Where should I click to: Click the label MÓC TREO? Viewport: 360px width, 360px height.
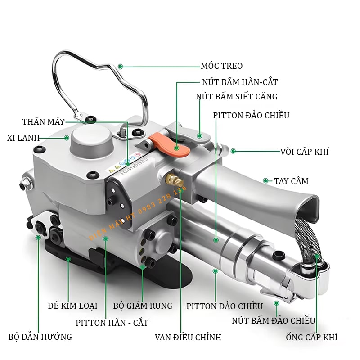click(221, 66)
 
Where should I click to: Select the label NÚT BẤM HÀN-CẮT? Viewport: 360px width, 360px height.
click(240, 82)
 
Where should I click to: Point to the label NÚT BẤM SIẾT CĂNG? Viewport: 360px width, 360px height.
click(237, 96)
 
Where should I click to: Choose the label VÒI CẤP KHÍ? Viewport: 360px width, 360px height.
click(305, 152)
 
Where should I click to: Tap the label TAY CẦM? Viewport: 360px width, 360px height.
click(291, 181)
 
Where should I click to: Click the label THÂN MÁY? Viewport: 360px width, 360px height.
click(43, 121)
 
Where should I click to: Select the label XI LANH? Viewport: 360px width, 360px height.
click(23, 138)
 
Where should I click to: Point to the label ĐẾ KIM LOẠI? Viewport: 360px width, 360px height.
click(72, 306)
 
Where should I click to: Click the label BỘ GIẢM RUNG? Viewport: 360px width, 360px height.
click(143, 306)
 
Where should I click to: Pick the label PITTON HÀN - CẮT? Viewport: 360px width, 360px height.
click(112, 323)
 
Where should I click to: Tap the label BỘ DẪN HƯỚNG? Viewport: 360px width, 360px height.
click(40, 337)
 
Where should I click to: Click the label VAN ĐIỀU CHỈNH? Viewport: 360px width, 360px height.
click(188, 337)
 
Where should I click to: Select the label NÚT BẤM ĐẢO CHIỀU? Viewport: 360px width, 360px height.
click(274, 320)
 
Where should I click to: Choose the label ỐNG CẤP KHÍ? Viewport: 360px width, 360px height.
click(311, 337)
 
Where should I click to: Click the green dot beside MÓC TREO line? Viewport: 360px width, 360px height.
click(120, 67)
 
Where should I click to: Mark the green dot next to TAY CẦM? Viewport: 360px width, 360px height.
click(266, 181)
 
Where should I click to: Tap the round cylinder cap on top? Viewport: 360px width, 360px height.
click(92, 140)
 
